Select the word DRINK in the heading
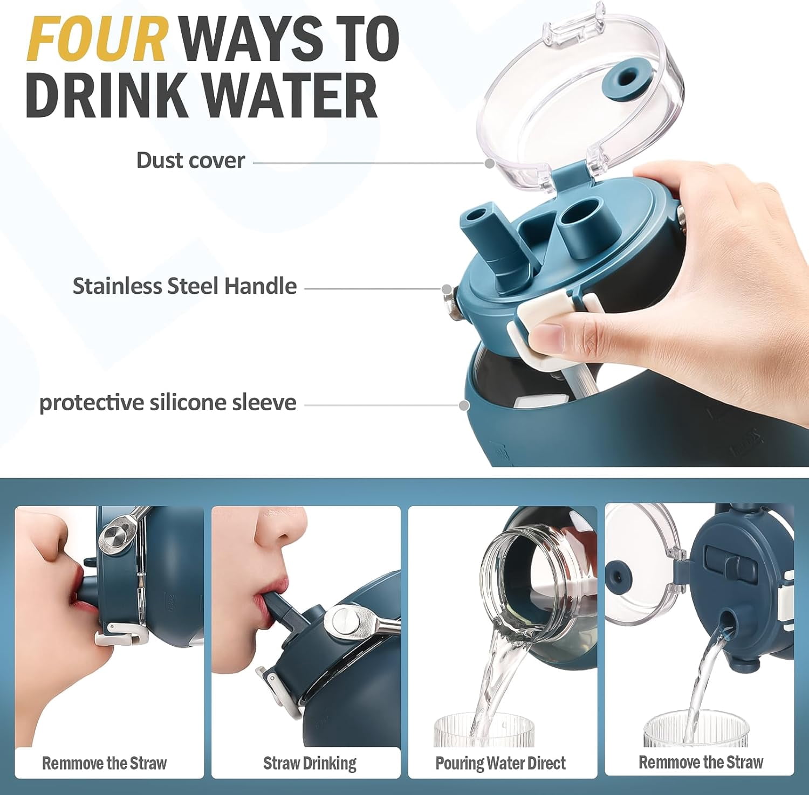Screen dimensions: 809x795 111,95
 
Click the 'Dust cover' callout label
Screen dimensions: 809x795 190,160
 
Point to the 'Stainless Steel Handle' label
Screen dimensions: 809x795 184,286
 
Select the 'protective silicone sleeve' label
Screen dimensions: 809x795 168,403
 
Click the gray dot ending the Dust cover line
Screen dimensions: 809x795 490,163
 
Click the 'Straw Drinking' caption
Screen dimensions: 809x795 310,763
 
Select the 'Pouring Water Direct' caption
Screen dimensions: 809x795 501,763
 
